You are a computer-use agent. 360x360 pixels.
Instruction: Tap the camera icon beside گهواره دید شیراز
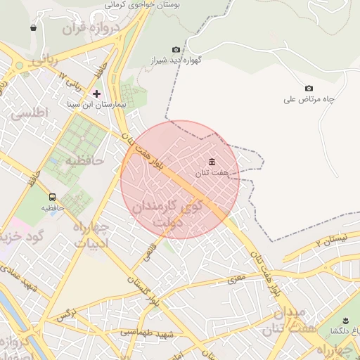coord(176,49)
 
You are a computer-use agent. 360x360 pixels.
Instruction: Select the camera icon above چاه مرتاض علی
coord(309,88)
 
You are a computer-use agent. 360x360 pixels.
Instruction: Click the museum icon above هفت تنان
coord(212,162)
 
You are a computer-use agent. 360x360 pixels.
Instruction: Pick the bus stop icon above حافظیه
coord(52,197)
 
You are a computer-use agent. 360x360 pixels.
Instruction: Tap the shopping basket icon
coord(33,28)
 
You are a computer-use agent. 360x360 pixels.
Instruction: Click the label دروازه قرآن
coord(91,29)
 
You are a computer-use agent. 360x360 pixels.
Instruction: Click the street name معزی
coord(236,280)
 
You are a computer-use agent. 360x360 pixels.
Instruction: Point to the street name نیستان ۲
coord(332,241)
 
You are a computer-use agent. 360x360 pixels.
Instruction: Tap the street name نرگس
coord(66,315)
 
